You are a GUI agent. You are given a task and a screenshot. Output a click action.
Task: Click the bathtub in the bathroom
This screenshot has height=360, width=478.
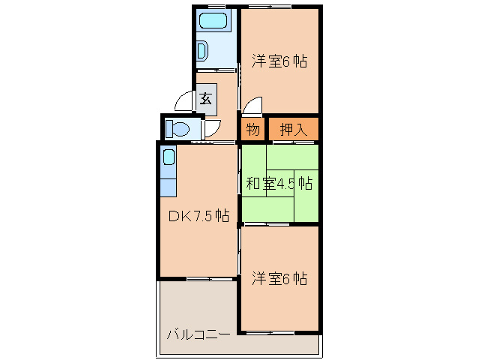pos(217,21)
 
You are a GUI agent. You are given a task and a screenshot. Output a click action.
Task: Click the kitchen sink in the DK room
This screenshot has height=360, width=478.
pos(169,157)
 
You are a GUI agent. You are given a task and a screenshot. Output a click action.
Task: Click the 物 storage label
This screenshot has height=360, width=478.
pos(253,129)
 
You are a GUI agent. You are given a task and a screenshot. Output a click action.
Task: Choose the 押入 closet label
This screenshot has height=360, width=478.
pos(293,129)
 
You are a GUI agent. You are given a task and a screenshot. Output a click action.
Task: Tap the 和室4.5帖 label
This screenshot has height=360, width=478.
pos(279,182)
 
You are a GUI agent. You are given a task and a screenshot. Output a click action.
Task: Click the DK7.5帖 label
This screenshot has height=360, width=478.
pos(198,216)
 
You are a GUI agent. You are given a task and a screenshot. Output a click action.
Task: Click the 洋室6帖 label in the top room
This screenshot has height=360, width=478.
pos(279,61)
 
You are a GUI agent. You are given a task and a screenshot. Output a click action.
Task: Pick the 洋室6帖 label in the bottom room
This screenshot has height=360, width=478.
pos(279,278)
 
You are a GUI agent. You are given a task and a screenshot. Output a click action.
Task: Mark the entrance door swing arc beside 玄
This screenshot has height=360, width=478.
pos(183,101)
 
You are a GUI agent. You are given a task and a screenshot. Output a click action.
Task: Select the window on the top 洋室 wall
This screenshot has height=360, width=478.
pos(270,7)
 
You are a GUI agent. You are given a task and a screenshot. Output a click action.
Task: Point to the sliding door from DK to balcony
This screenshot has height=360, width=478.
pos(199,279)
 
